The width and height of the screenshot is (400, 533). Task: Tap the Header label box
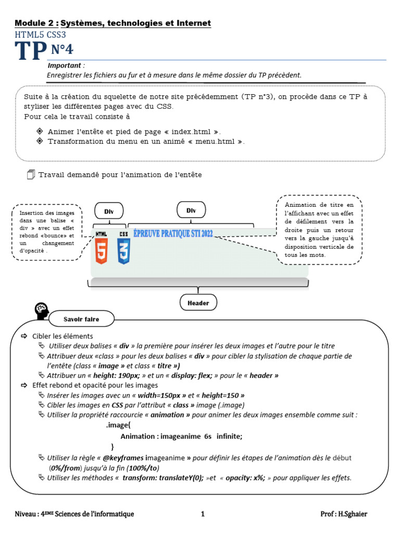tap(198, 302)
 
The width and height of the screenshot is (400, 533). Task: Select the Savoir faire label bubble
tap(81, 319)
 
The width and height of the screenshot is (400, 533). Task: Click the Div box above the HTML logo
tap(109, 211)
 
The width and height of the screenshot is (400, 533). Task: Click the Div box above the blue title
tap(191, 210)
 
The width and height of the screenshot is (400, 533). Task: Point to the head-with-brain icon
tap(42, 311)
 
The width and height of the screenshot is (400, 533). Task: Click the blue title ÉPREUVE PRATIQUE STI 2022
tap(173, 234)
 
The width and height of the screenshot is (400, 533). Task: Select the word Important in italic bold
tap(66, 66)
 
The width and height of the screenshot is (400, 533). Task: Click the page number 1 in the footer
tap(203, 514)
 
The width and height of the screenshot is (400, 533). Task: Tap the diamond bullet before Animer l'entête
tap(40, 131)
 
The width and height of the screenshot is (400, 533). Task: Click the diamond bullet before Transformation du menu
tap(40, 141)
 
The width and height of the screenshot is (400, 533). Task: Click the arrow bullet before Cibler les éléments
tap(24, 336)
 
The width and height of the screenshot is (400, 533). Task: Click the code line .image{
tap(115, 426)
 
